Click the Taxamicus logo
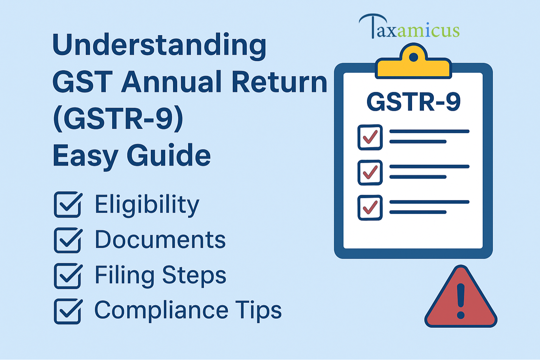(x=409, y=27)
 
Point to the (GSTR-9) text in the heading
(x=118, y=119)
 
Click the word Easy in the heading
(x=85, y=156)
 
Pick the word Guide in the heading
(x=169, y=155)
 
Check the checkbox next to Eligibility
(x=68, y=205)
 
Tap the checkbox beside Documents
(x=68, y=240)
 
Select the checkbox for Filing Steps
(x=68, y=276)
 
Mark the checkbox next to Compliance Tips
(x=68, y=311)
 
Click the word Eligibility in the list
(x=147, y=205)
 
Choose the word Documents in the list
(x=160, y=240)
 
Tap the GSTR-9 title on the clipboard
(x=413, y=102)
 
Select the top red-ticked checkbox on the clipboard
(x=370, y=137)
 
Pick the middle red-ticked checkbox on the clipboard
(x=370, y=173)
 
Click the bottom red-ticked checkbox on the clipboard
(x=370, y=208)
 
